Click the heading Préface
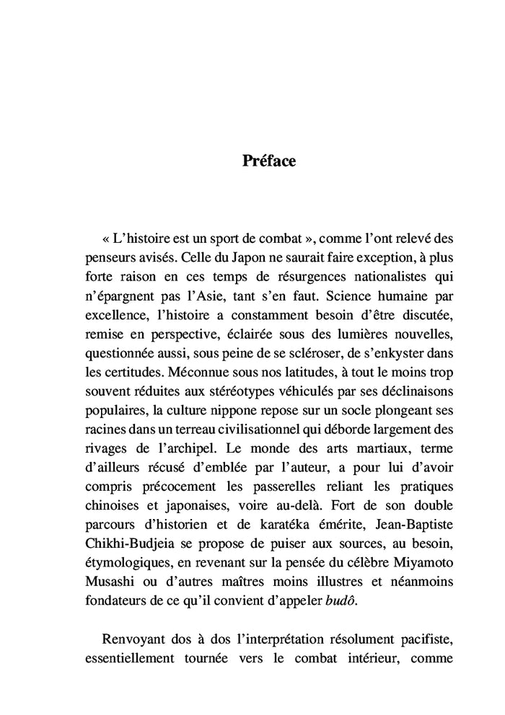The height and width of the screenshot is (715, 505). [x=269, y=161]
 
